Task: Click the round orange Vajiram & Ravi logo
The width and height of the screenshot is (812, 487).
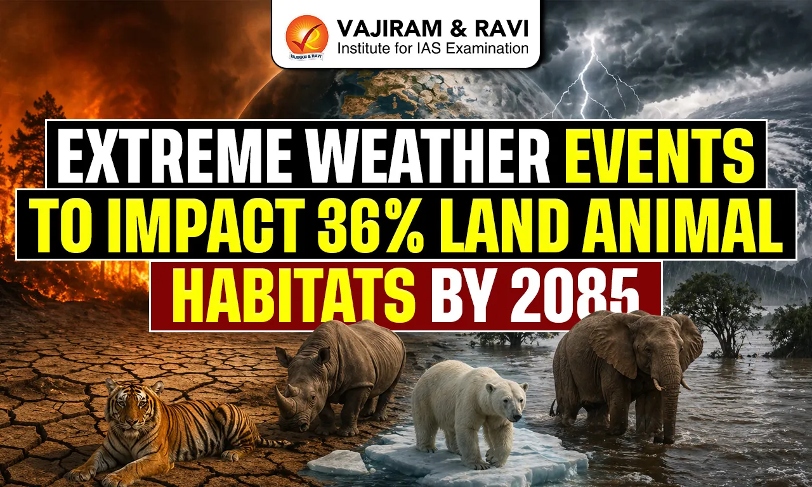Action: coord(307,37)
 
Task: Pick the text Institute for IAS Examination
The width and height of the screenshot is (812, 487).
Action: coord(433,48)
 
